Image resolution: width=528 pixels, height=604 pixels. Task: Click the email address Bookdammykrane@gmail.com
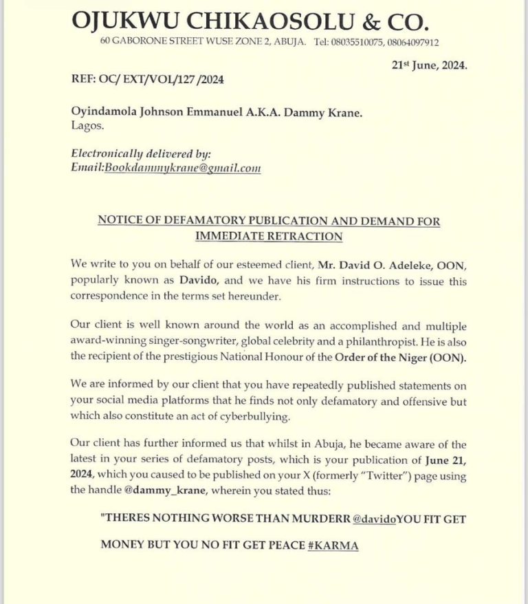pyautogui.click(x=182, y=168)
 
